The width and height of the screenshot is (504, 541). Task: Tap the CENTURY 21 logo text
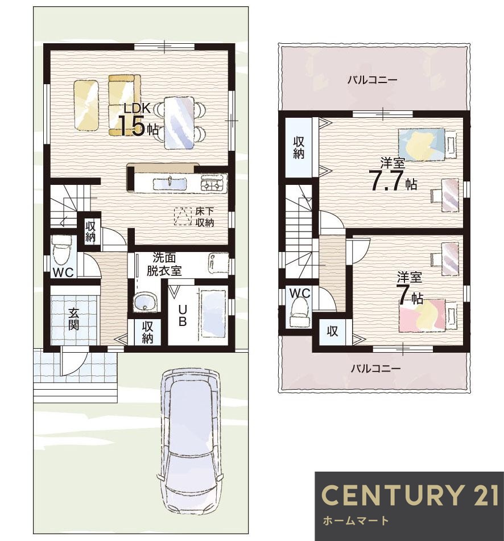410,494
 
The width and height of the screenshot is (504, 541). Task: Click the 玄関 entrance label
73,319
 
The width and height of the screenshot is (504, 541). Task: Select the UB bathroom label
183,315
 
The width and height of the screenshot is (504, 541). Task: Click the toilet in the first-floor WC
61,250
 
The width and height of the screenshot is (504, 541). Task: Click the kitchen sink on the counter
170,183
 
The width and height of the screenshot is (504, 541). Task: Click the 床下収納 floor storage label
205,217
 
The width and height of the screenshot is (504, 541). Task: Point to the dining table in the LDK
179,123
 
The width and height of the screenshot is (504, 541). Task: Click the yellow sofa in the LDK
125,105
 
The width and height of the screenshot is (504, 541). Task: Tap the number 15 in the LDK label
131,127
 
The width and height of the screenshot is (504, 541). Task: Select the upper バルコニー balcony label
372,80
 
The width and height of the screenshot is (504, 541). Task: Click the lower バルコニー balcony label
375,369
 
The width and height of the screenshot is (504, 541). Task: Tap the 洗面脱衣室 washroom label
164,265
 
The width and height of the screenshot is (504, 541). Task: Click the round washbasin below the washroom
146,301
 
